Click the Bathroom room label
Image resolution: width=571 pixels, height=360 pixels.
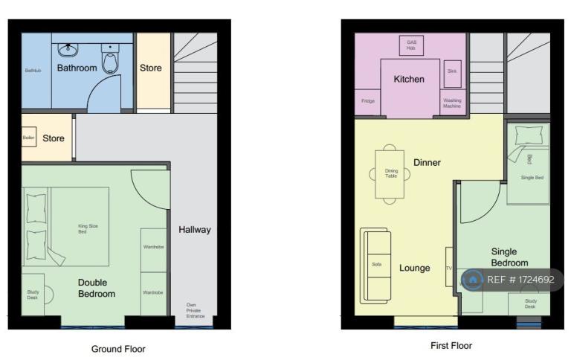(x=77, y=68)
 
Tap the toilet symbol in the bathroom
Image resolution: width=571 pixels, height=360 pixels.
(x=110, y=60)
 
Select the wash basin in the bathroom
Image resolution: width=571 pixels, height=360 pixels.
(x=68, y=49)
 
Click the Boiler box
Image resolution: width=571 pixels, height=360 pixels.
(x=29, y=138)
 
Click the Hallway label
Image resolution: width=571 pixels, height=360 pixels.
(x=194, y=230)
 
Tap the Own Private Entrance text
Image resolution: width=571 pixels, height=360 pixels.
(x=196, y=309)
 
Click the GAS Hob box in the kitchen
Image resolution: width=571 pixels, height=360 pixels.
(x=411, y=45)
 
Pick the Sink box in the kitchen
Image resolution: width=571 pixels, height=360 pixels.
(x=451, y=74)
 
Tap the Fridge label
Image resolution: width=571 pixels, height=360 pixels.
(x=367, y=101)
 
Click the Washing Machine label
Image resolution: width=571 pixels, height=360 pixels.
(x=452, y=103)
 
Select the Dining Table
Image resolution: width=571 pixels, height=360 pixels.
(x=391, y=174)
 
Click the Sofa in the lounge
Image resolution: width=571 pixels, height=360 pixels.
(x=376, y=265)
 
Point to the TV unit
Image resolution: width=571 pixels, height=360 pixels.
(x=448, y=267)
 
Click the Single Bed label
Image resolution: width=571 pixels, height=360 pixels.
(x=532, y=178)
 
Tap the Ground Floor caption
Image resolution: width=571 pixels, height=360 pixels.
(x=118, y=348)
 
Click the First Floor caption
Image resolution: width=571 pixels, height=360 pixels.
(x=451, y=345)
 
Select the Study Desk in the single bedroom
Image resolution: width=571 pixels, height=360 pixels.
(x=530, y=303)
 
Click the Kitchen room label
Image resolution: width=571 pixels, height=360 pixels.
(x=409, y=80)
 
